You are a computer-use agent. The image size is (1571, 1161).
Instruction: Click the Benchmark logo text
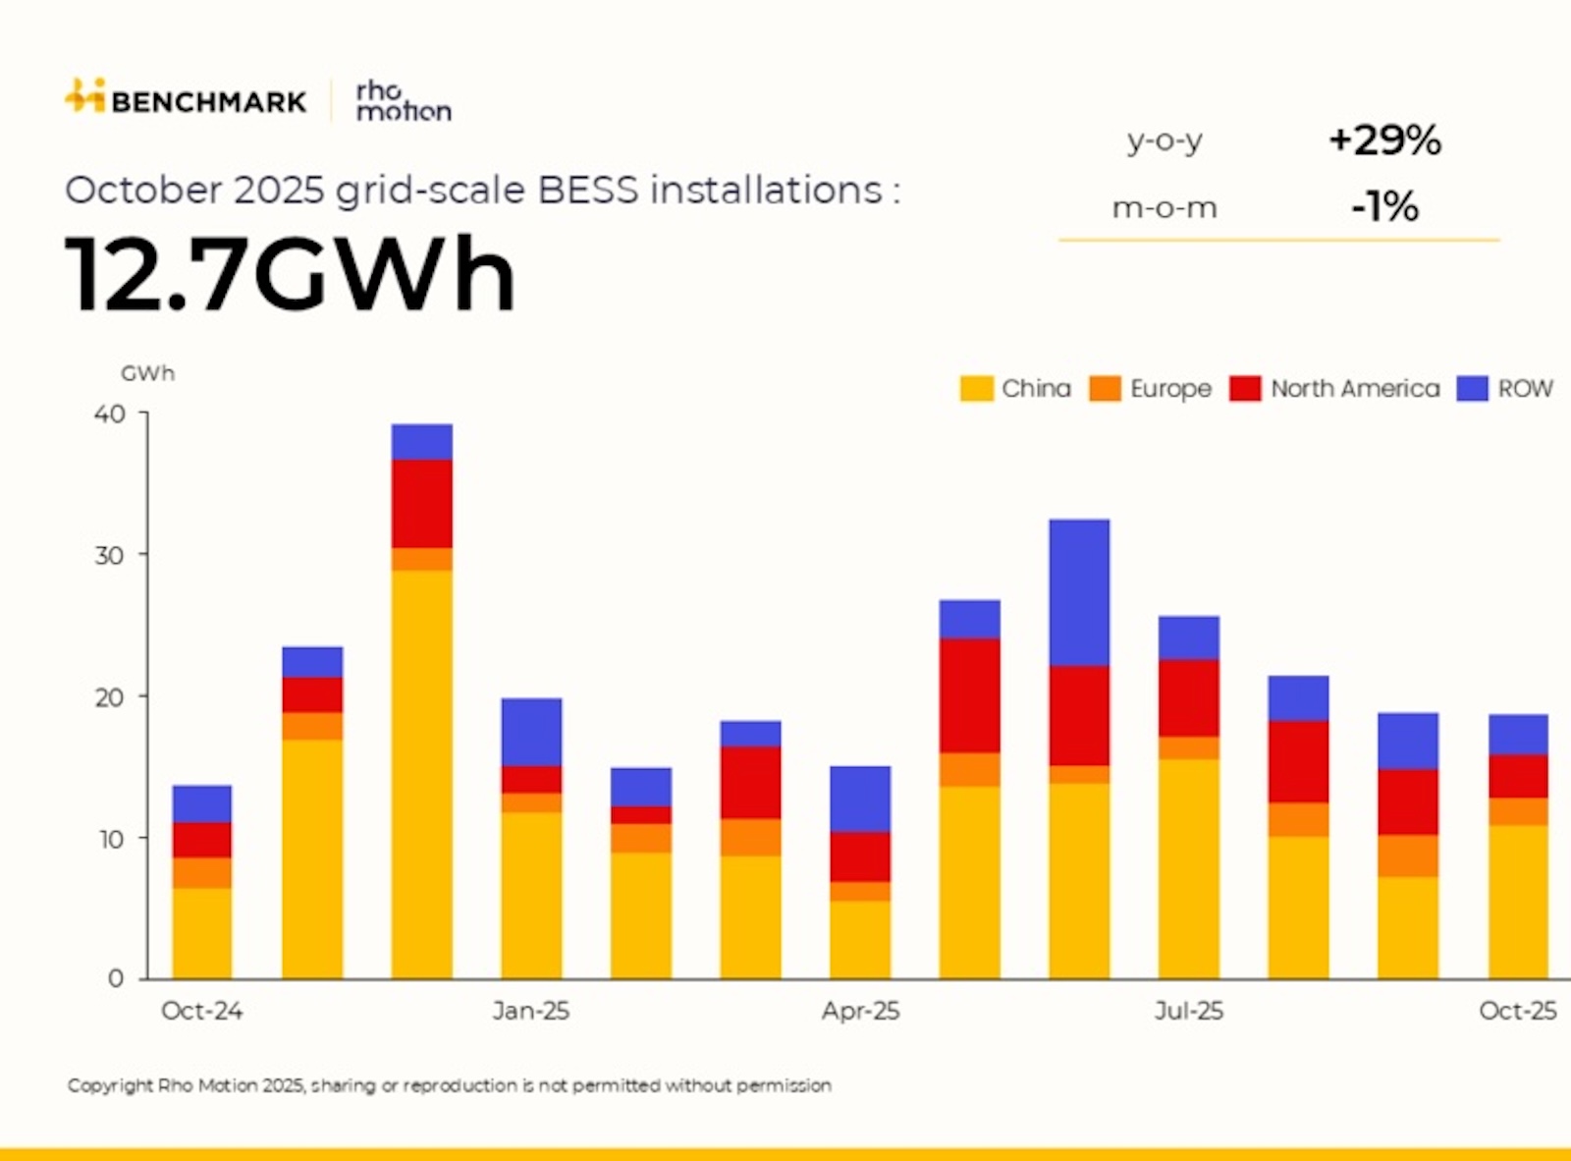coord(208,101)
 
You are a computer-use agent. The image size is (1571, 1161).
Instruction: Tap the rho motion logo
coord(403,101)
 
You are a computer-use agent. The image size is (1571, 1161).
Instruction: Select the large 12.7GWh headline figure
coord(290,274)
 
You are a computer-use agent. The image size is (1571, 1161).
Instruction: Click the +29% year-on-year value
coord(1384,140)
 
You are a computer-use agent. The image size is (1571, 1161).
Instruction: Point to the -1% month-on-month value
coord(1384,207)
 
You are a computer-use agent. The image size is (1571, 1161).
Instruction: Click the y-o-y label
coord(1165,141)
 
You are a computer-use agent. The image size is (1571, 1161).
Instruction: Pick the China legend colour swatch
coord(976,389)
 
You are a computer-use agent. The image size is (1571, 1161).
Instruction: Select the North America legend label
coord(1355,389)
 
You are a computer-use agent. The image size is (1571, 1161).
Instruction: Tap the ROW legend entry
coord(1524,389)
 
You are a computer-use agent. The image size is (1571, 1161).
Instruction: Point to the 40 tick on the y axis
coord(110,415)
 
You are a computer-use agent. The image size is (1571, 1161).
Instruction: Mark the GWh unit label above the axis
coord(147,373)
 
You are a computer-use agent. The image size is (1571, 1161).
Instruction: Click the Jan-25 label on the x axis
coord(530,1011)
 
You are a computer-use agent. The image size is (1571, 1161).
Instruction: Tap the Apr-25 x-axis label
coord(860,1011)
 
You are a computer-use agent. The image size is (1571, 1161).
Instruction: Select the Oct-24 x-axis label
coord(201,1011)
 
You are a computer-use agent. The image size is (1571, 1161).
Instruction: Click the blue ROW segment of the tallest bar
coord(421,442)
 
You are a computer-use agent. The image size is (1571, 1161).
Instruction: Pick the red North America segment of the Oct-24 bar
coord(202,840)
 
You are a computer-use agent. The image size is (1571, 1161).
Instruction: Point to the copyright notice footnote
coord(449,1085)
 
